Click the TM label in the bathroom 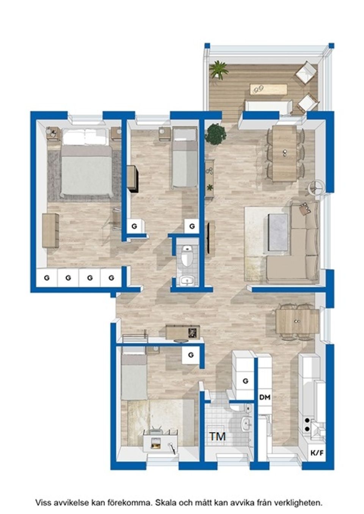coord(218,436)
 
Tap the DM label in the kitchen coord(265,397)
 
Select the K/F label coord(317,453)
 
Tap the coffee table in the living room coord(278,232)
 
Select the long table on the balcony coord(268,89)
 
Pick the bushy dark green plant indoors coord(216,134)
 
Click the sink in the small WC coord(187,280)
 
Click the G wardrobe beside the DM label coord(245,381)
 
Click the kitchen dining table coord(297,320)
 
